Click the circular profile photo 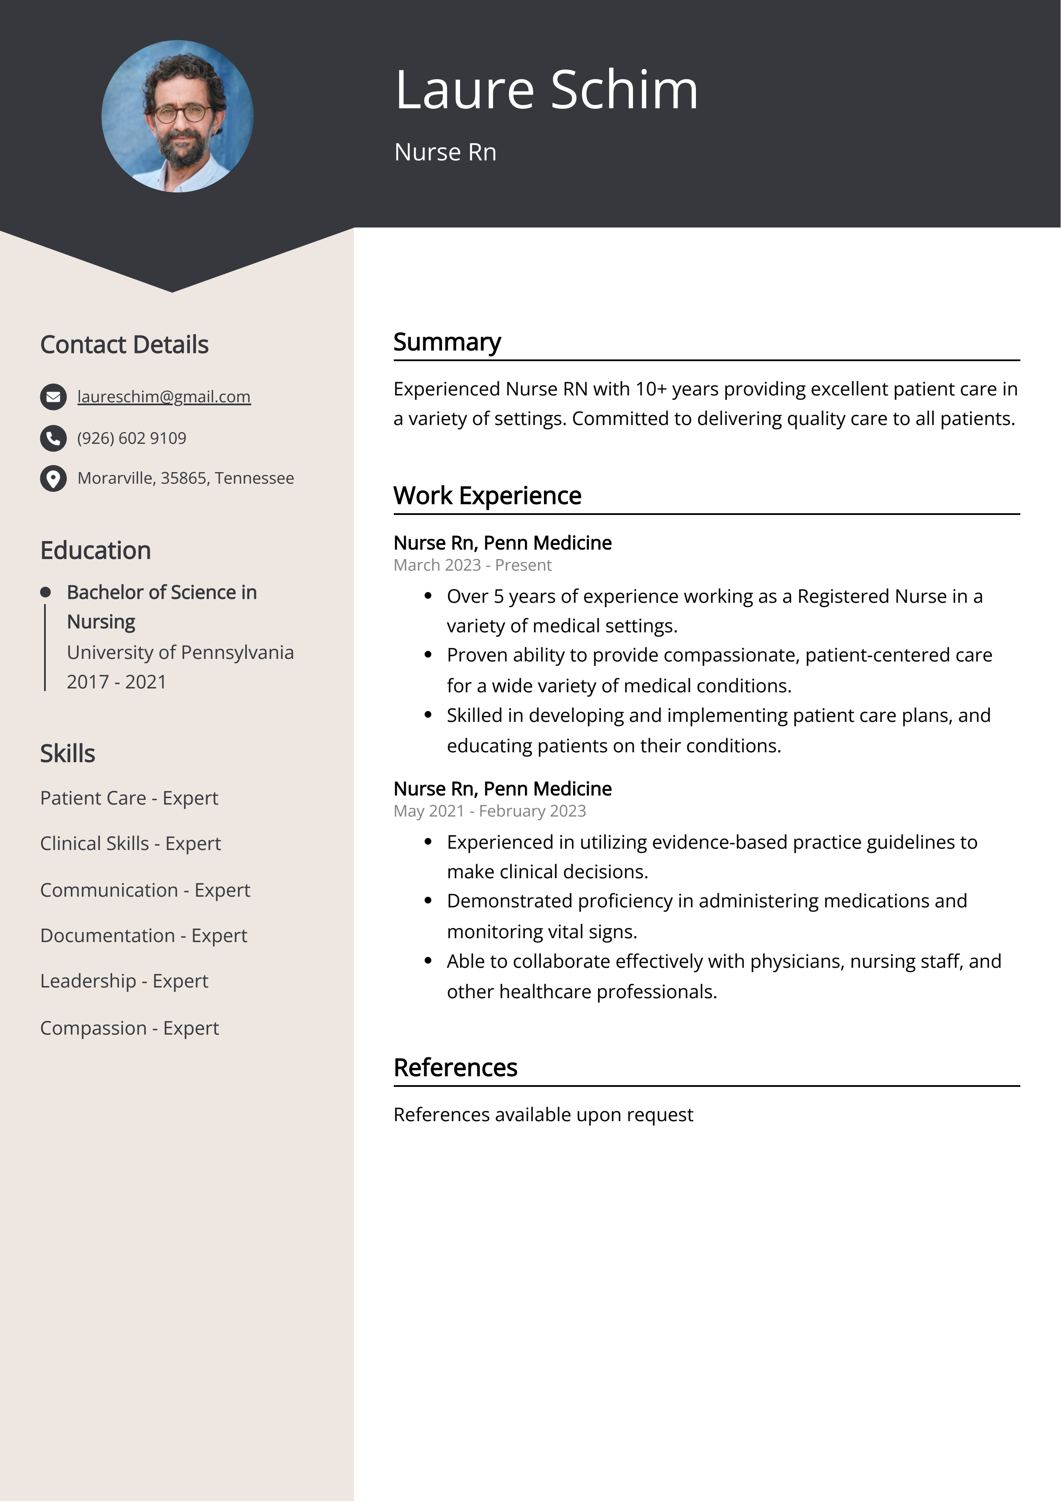(x=177, y=117)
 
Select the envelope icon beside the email (x=53, y=397)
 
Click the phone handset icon (x=53, y=438)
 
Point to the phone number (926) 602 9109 (x=131, y=438)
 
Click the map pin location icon (x=53, y=478)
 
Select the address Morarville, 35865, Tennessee (x=186, y=478)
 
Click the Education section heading (x=95, y=551)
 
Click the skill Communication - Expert (x=145, y=890)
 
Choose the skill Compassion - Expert (x=129, y=1028)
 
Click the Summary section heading (x=447, y=342)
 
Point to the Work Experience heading (x=487, y=496)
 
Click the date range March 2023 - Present (x=473, y=565)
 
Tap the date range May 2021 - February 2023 (x=490, y=811)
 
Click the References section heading (x=455, y=1068)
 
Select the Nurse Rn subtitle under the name (x=445, y=153)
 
